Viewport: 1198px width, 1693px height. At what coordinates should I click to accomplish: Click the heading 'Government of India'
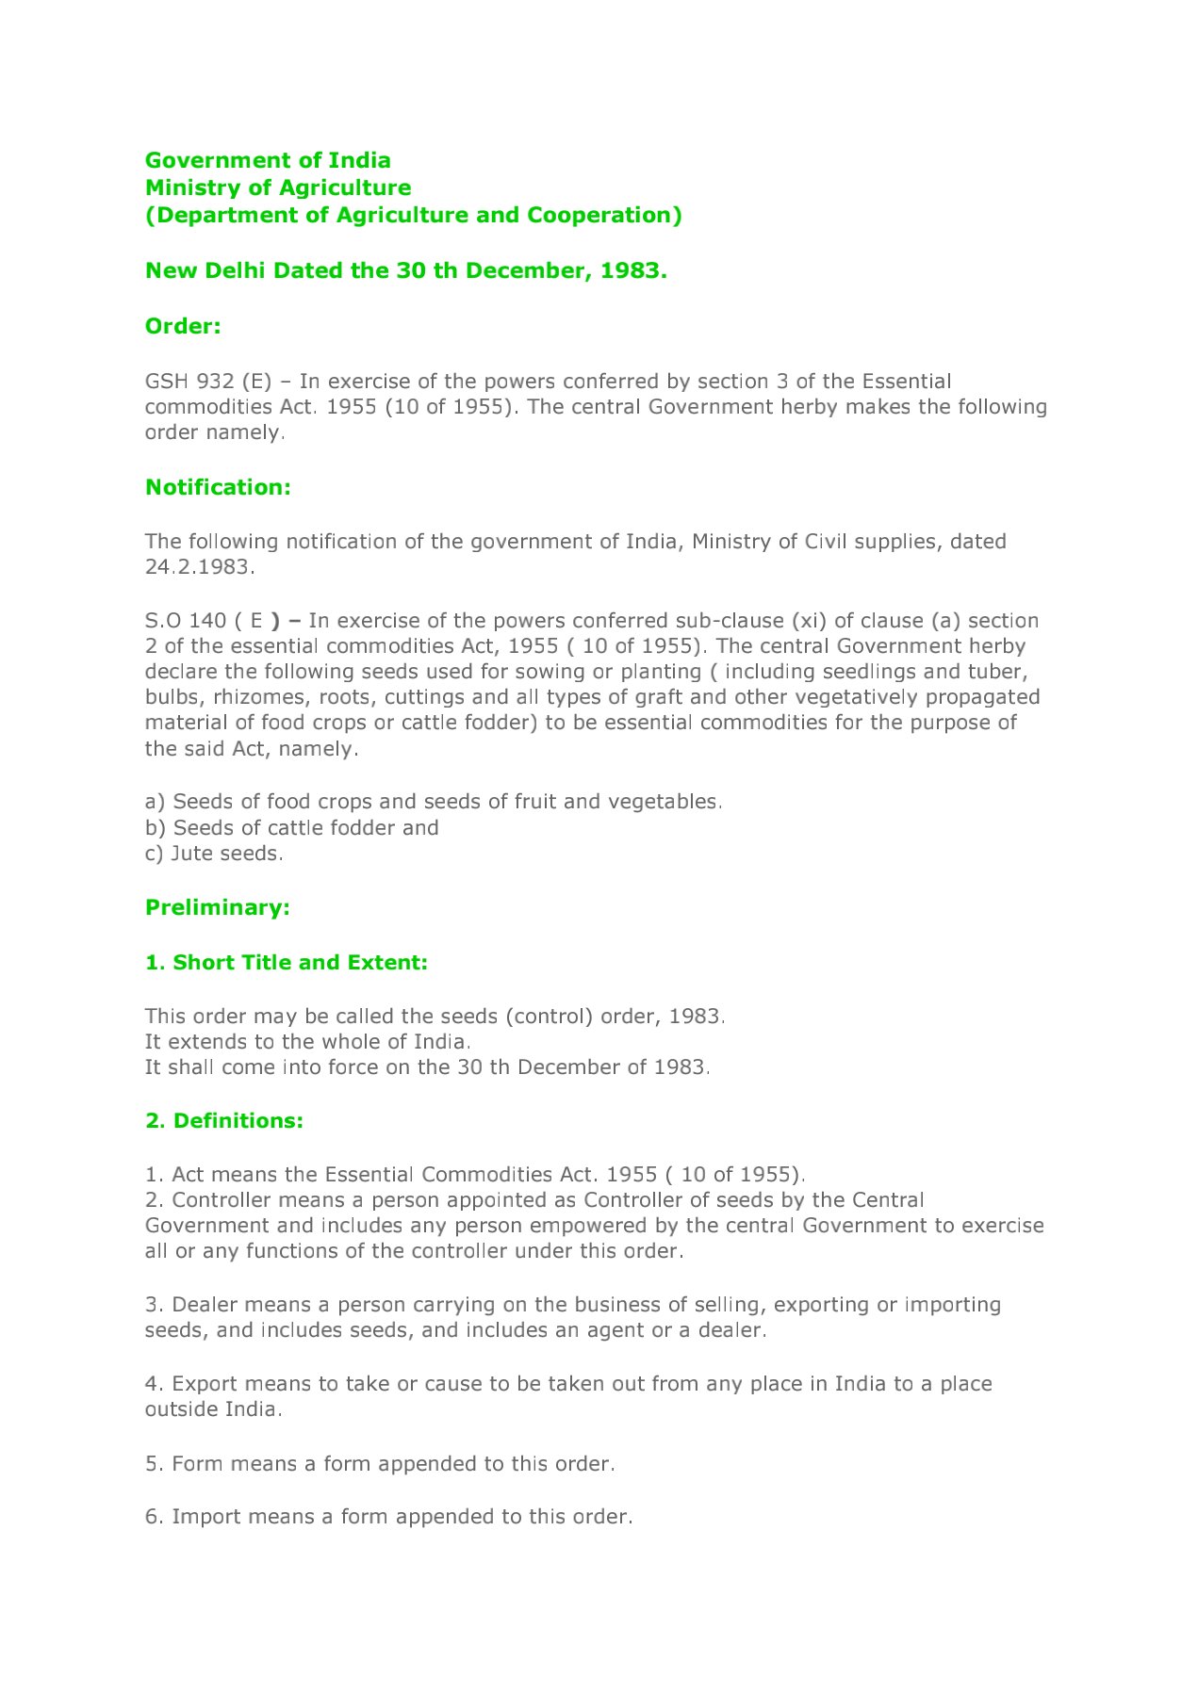coord(268,160)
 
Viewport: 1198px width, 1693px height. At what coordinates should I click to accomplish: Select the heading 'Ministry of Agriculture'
coord(278,187)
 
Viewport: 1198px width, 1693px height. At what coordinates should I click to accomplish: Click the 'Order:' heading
coord(183,326)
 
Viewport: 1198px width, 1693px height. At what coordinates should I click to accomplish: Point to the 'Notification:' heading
coord(218,487)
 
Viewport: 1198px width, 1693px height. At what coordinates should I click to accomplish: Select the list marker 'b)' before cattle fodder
coord(155,828)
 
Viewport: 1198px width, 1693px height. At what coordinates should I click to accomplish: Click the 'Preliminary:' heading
coord(218,907)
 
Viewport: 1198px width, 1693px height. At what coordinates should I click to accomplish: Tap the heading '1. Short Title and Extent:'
coord(287,962)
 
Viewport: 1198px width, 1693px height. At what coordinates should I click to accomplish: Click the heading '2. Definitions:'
coord(224,1120)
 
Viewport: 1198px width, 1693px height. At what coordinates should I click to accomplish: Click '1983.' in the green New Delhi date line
coord(633,270)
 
